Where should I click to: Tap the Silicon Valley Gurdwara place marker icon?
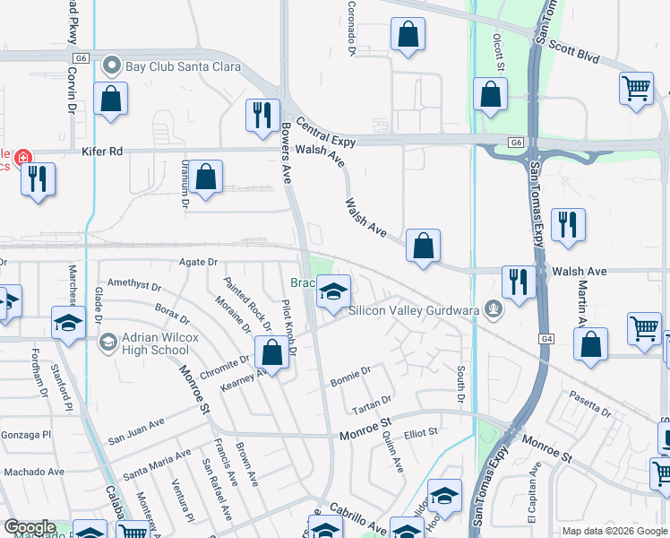pos(491,310)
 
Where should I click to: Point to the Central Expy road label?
pos(325,132)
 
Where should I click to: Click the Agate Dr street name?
pos(198,262)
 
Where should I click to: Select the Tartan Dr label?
pos(374,400)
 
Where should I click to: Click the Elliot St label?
pos(420,432)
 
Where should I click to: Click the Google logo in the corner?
pos(30,527)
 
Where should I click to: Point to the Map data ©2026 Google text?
pos(614,531)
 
